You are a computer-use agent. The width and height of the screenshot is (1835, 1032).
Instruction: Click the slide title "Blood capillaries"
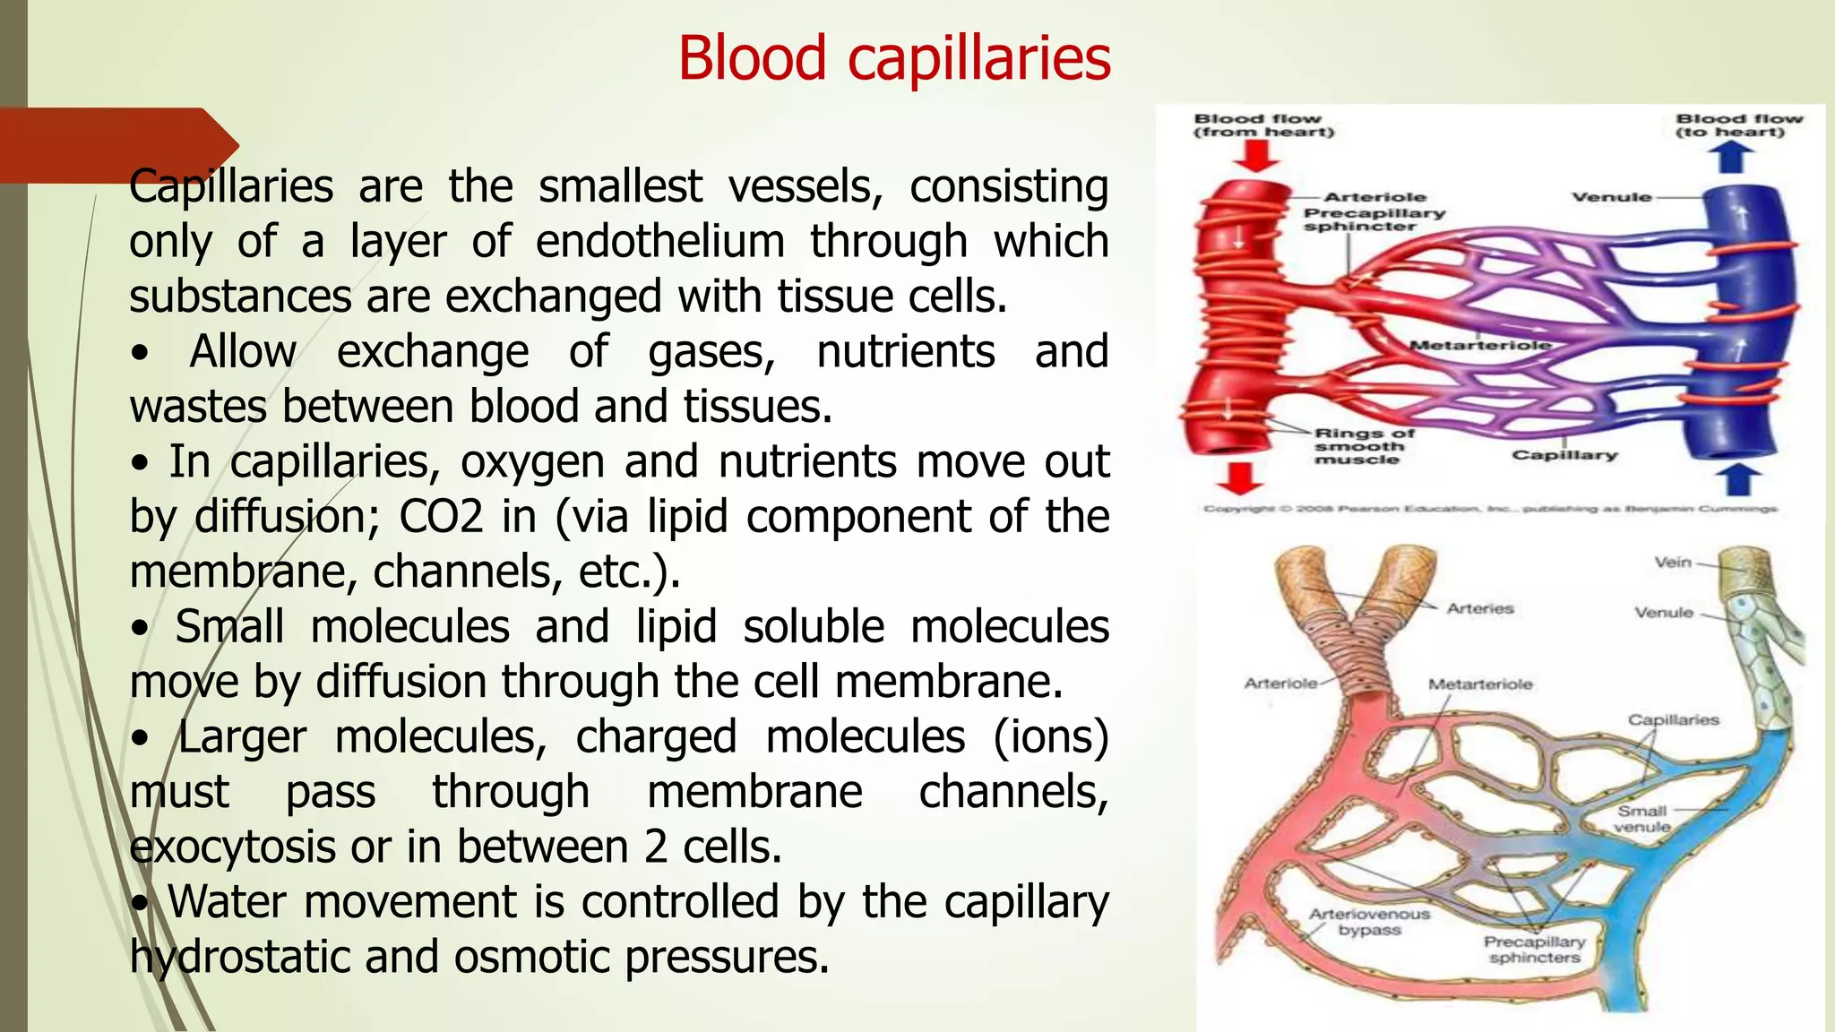tap(893, 59)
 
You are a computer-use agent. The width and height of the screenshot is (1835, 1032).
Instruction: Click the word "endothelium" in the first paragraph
tap(660, 242)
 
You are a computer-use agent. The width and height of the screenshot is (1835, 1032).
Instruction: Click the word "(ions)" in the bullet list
tap(1050, 737)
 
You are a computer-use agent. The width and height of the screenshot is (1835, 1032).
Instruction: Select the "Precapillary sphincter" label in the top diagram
tap(1373, 219)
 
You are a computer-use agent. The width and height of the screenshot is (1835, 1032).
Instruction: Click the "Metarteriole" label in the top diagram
tap(1479, 345)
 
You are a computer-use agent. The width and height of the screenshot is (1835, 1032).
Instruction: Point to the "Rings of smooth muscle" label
tap(1363, 446)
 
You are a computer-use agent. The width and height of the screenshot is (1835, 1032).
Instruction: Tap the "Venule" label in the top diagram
tap(1610, 197)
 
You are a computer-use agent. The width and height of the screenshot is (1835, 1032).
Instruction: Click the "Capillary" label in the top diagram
tap(1564, 455)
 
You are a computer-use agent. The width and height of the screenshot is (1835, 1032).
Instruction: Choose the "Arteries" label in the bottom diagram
tap(1479, 609)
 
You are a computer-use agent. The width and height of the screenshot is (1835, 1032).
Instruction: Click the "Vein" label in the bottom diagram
tap(1672, 563)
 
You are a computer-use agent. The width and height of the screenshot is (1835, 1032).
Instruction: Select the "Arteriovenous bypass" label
tap(1369, 922)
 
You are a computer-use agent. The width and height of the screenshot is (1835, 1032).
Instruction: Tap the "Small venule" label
tap(1641, 819)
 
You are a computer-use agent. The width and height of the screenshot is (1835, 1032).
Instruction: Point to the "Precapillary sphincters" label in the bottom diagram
tap(1534, 950)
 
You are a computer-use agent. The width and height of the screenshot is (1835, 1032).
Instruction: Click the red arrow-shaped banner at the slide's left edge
tap(116, 143)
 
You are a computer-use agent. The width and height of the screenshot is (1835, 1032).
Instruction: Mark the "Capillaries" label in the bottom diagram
tap(1673, 720)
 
